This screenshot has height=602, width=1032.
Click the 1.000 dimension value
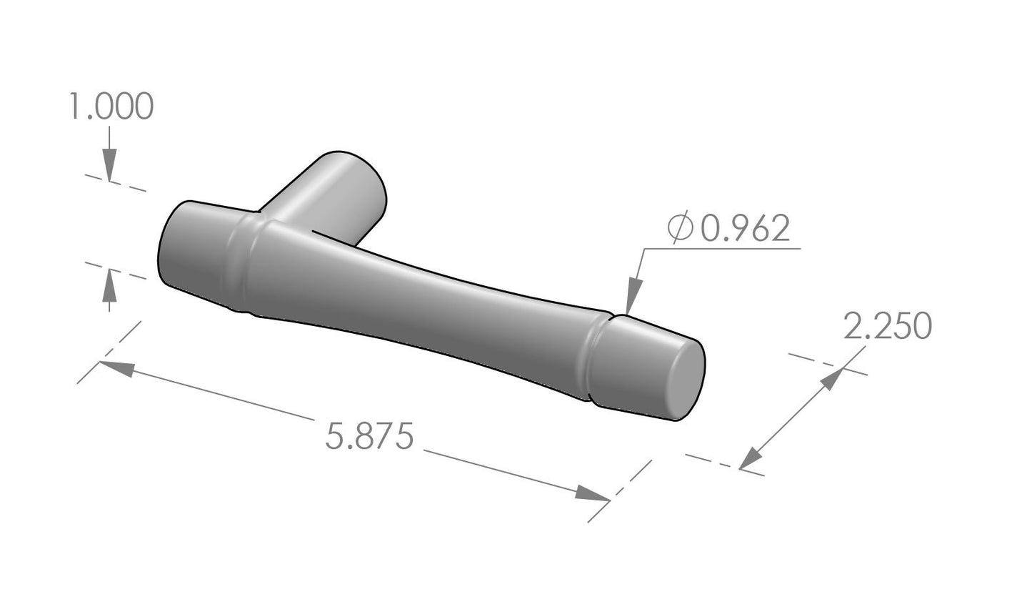[111, 108]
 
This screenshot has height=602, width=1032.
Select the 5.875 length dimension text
[369, 436]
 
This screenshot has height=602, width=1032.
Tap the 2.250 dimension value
[888, 327]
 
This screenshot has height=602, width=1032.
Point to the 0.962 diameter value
[746, 229]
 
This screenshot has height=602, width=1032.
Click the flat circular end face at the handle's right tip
[687, 379]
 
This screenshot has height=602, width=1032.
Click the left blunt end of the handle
[171, 247]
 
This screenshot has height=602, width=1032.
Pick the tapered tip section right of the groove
[636, 365]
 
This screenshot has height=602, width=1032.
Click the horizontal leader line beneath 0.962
[721, 249]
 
